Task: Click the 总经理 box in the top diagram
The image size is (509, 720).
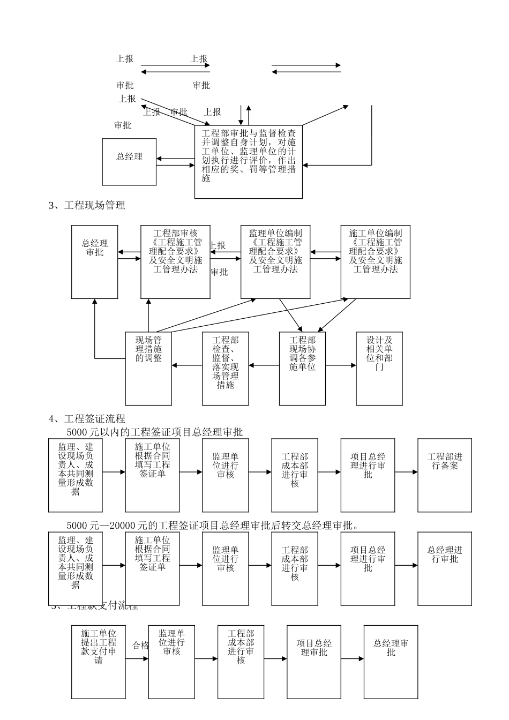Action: click(x=130, y=162)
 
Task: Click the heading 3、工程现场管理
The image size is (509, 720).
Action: click(x=87, y=205)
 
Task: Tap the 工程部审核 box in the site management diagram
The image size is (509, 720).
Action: click(x=175, y=261)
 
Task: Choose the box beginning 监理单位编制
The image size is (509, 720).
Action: click(x=275, y=261)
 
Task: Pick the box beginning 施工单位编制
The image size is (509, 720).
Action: click(x=376, y=261)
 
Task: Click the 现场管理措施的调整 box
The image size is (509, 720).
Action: click(x=148, y=368)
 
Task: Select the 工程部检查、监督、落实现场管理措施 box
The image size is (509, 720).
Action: click(x=226, y=368)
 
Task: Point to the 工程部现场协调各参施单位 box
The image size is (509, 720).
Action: click(x=302, y=368)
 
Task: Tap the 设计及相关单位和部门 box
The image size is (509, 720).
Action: click(x=379, y=368)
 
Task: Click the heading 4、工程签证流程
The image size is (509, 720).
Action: click(x=87, y=419)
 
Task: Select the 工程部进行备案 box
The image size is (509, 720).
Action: click(x=445, y=475)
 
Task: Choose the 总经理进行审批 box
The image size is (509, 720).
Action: click(x=445, y=568)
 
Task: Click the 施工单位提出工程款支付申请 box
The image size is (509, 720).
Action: click(x=99, y=662)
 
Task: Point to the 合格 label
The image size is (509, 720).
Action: click(x=140, y=646)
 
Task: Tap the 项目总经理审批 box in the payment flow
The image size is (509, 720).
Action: click(x=314, y=662)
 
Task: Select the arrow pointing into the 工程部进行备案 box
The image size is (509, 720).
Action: click(x=407, y=472)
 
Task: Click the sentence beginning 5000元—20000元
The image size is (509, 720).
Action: click(x=212, y=526)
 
